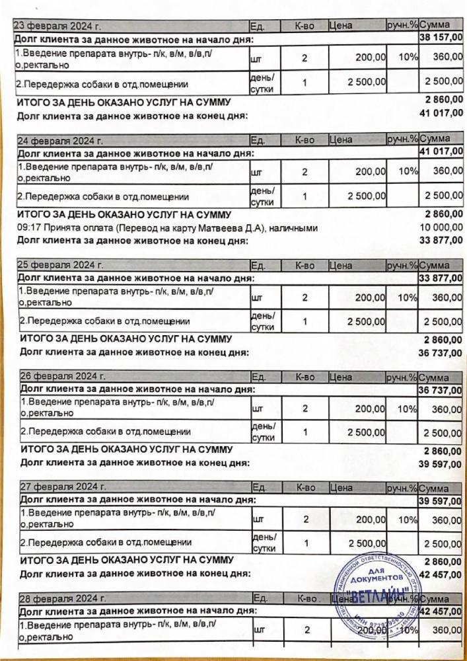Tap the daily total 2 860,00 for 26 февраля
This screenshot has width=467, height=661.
click(x=443, y=451)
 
